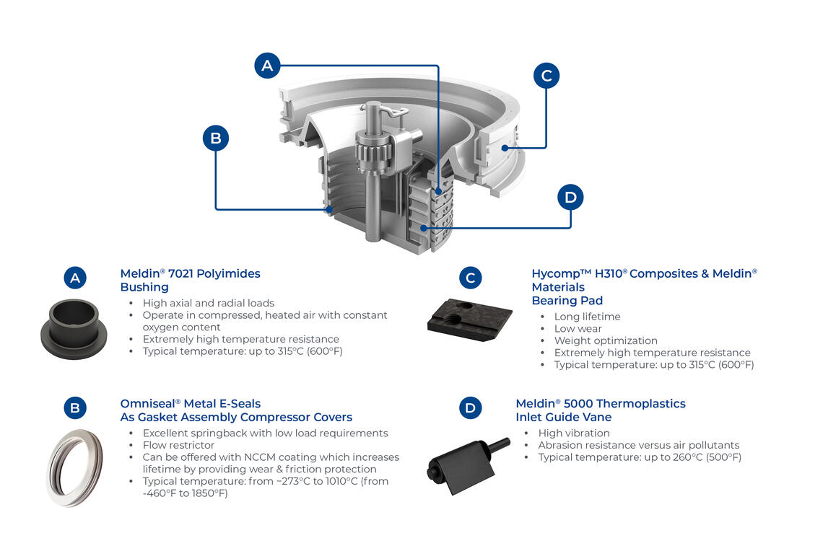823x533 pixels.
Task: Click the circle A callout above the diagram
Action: [x=267, y=66]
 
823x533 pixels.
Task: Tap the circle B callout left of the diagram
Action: [x=215, y=138]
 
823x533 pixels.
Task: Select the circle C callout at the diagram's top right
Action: [x=547, y=75]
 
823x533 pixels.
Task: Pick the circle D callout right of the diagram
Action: [x=570, y=197]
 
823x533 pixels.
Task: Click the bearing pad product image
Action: [x=469, y=318]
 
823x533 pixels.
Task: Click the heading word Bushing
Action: [x=144, y=287]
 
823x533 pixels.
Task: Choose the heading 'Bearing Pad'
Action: [x=567, y=300]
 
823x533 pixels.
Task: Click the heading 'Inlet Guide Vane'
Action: [x=563, y=417]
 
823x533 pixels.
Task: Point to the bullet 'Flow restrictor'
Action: [x=178, y=445]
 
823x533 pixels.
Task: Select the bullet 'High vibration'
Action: [x=574, y=433]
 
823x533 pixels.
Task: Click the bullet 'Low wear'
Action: [x=578, y=328]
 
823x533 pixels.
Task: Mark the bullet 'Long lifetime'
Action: [x=587, y=317]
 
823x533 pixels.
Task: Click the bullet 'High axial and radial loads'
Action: [x=209, y=303]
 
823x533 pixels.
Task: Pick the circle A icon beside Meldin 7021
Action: [x=75, y=278]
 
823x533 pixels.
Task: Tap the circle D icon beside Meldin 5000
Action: [x=470, y=408]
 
